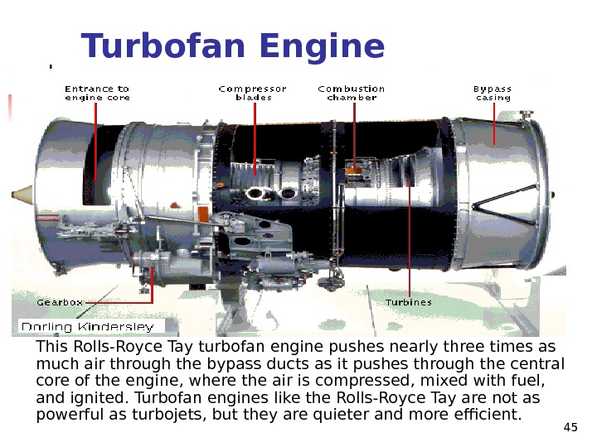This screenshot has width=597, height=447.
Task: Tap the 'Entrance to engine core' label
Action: tap(96, 93)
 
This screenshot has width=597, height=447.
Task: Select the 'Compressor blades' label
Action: tap(252, 93)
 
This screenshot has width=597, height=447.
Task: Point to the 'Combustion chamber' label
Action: tap(352, 93)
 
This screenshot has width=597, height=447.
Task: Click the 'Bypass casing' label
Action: tap(493, 93)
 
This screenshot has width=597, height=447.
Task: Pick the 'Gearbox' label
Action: tap(60, 302)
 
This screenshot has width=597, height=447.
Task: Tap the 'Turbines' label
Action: tap(408, 302)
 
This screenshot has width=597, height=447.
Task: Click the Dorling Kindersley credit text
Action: tap(87, 326)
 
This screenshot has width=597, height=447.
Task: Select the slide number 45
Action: tap(570, 427)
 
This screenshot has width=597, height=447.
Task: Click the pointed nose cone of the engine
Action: tap(21, 195)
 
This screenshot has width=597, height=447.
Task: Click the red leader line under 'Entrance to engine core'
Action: tap(96, 141)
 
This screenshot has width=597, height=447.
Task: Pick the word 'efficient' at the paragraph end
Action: tap(488, 413)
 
